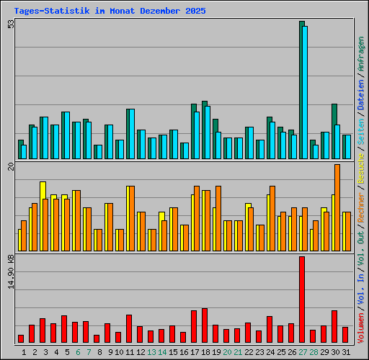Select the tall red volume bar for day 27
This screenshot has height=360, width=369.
click(x=302, y=299)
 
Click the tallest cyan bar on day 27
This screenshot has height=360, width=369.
click(x=305, y=92)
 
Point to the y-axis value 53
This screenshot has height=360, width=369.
click(x=11, y=24)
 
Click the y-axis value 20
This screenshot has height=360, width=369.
click(x=11, y=167)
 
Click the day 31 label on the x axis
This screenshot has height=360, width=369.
click(x=346, y=352)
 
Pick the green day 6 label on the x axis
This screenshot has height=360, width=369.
click(x=78, y=352)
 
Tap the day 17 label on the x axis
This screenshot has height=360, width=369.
click(x=195, y=352)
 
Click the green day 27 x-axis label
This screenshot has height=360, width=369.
click(x=303, y=352)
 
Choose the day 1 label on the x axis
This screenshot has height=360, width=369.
click(x=24, y=352)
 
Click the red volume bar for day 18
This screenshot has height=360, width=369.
click(x=205, y=325)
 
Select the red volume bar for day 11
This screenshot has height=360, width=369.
click(x=129, y=328)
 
